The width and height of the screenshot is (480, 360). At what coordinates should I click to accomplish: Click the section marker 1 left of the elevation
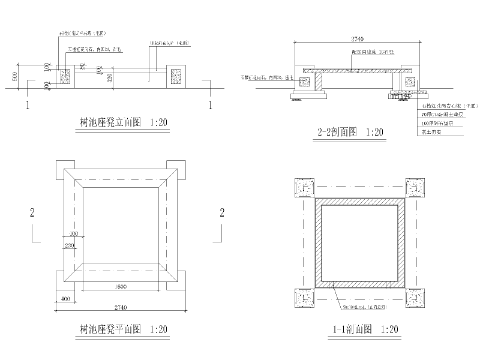[28, 106]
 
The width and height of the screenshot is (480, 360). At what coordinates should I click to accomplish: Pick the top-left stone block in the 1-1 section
[301, 188]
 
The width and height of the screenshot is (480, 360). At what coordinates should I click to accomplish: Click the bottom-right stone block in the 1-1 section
[415, 298]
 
